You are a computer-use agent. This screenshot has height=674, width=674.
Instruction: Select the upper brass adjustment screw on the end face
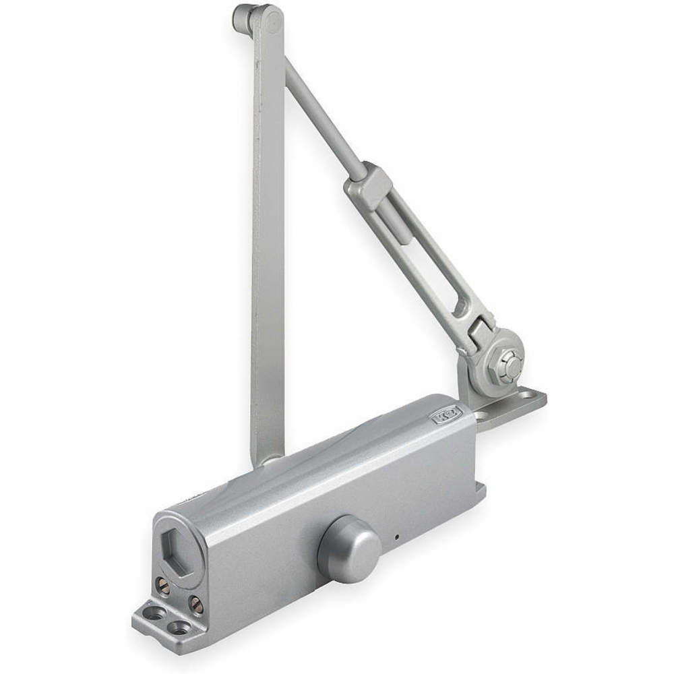[163, 585]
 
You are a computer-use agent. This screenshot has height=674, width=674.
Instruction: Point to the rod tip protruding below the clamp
[400, 229]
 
